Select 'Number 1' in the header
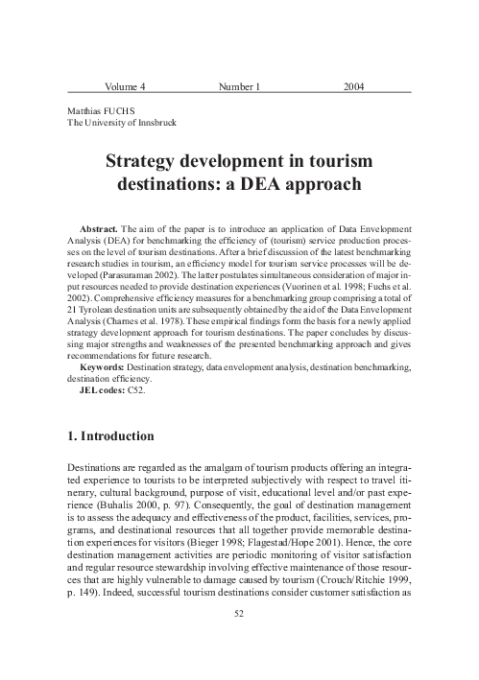coord(240,87)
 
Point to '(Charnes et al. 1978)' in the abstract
coord(129,321)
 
